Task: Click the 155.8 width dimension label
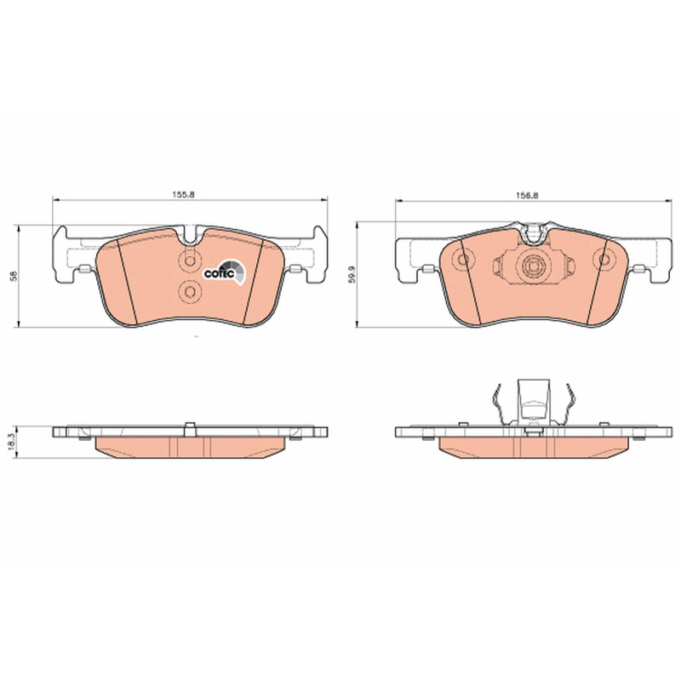tap(185, 195)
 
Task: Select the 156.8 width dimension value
tap(527, 196)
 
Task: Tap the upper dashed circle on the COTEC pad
tap(190, 261)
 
